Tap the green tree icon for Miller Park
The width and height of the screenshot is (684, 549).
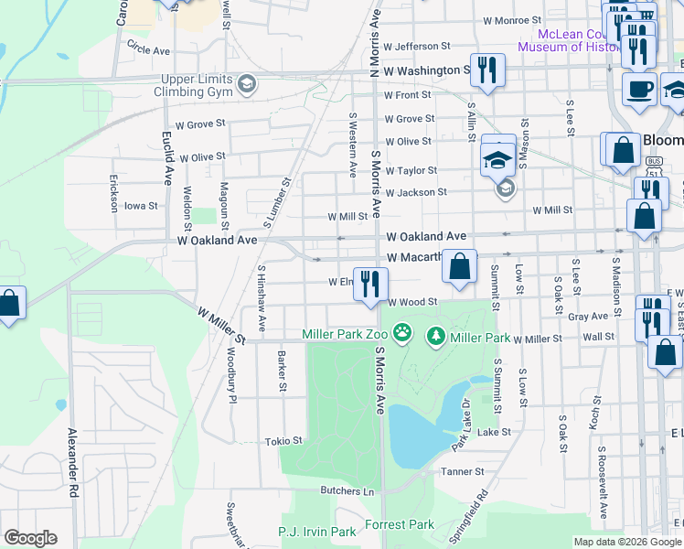pyautogui.click(x=436, y=338)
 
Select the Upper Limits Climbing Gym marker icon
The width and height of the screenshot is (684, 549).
pyautogui.click(x=245, y=85)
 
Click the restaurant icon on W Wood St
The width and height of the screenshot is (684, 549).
pyautogui.click(x=370, y=284)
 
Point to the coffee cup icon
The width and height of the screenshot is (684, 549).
pyautogui.click(x=639, y=91)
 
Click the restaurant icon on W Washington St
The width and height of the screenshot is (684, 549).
pyautogui.click(x=487, y=70)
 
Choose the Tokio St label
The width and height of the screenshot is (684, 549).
pyautogui.click(x=283, y=441)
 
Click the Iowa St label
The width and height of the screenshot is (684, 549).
pyautogui.click(x=141, y=206)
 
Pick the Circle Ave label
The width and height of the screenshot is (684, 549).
pyautogui.click(x=149, y=48)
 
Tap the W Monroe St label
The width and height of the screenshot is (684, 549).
pyautogui.click(x=512, y=20)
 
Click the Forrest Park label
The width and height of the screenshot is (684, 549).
pyautogui.click(x=400, y=525)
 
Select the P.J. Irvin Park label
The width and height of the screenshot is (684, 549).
pyautogui.click(x=316, y=532)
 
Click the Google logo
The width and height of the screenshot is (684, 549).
pyautogui.click(x=30, y=538)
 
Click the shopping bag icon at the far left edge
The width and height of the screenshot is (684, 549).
pyautogui.click(x=8, y=305)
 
